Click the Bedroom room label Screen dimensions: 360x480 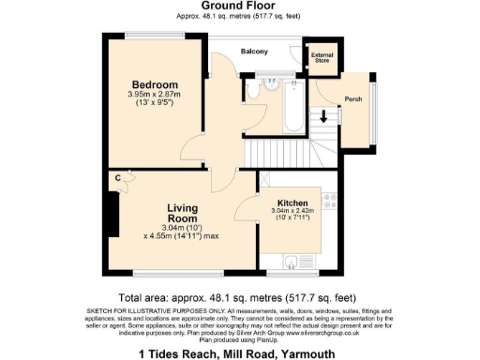point(155,84)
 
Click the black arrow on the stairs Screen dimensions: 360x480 point(323,117)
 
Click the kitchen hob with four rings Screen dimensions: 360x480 point(331,202)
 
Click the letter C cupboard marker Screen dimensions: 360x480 point(119,177)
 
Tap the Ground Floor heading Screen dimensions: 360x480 point(239,7)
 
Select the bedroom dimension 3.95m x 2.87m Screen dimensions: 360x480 point(155,96)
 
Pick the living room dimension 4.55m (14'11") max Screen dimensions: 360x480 point(184,235)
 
